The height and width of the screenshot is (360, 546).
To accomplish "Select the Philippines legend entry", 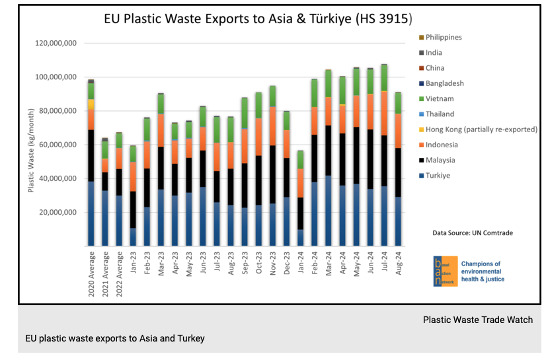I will (452, 38).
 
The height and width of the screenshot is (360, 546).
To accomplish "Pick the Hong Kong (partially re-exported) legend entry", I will (481, 129).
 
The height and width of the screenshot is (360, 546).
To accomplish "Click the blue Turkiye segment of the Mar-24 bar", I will (328, 211).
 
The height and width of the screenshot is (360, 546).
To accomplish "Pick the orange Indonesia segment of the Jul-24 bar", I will (384, 113).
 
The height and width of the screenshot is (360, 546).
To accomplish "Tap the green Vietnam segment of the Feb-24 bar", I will (314, 93).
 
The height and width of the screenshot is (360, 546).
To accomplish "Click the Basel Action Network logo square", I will (440, 271).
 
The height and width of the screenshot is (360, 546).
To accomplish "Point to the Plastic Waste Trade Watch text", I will (477, 320).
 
